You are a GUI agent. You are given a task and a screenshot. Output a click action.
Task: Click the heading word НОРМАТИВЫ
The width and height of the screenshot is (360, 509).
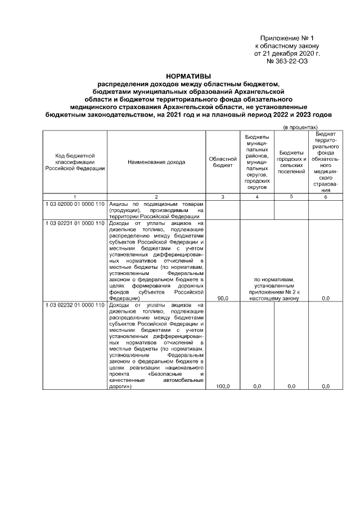coord(188,76)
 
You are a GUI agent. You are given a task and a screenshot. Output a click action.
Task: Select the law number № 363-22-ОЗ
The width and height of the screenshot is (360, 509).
coord(289,62)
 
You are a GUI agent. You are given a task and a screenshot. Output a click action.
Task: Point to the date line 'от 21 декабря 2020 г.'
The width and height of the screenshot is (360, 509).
coord(287,54)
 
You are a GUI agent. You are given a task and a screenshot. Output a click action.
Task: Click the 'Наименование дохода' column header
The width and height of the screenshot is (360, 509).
coord(156,162)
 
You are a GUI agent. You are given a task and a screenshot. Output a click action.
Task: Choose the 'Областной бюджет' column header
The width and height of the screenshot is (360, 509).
coord(223,162)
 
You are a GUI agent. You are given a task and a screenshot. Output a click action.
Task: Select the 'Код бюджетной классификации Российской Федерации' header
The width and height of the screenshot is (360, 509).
coord(75,162)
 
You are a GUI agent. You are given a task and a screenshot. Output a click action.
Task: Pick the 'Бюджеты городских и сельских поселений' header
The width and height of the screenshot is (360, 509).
coord(291,162)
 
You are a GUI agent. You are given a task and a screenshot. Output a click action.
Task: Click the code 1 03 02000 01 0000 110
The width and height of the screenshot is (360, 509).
coord(75,203)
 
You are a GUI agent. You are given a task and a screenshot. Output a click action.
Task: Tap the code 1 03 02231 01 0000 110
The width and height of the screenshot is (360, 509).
coord(75,223)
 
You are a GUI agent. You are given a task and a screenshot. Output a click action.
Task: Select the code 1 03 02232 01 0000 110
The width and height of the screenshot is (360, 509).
coord(75,305)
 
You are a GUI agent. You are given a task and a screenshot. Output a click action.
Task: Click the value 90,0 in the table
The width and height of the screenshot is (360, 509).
coord(223,299)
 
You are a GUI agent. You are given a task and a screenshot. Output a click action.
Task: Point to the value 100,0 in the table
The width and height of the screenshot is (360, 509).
coord(223,386)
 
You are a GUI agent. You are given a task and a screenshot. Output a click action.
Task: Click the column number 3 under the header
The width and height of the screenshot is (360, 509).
coord(223,196)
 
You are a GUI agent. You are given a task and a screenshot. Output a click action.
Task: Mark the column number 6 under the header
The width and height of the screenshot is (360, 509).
coord(325,196)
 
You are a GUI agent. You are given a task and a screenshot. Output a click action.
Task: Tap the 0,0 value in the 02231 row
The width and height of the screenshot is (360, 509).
coord(325,299)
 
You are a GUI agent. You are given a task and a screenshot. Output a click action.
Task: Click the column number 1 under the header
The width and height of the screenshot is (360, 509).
coord(75,196)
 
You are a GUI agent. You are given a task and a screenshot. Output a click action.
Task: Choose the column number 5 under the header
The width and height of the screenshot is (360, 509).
coord(291,196)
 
